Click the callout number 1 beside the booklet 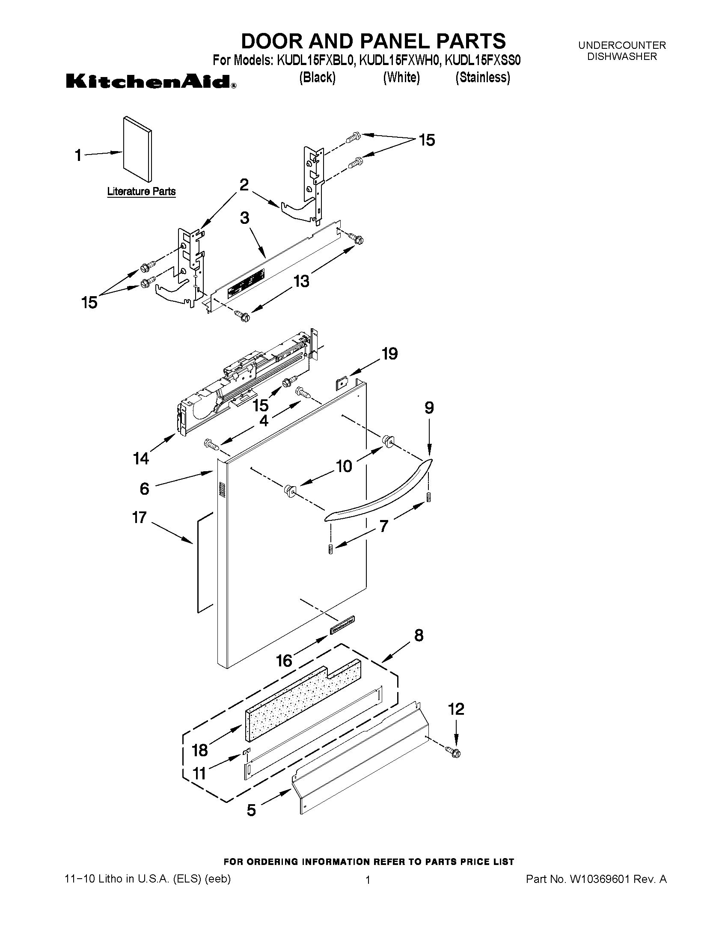tap(78, 155)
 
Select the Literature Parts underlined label tap(141, 191)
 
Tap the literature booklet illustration tap(137, 149)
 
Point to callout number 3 tap(244, 218)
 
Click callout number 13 tap(301, 281)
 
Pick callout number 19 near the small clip tap(389, 354)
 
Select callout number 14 tap(141, 458)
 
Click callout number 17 tap(139, 517)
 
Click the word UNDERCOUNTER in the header tap(622, 45)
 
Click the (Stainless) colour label tap(483, 77)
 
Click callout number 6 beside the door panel tap(145, 489)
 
